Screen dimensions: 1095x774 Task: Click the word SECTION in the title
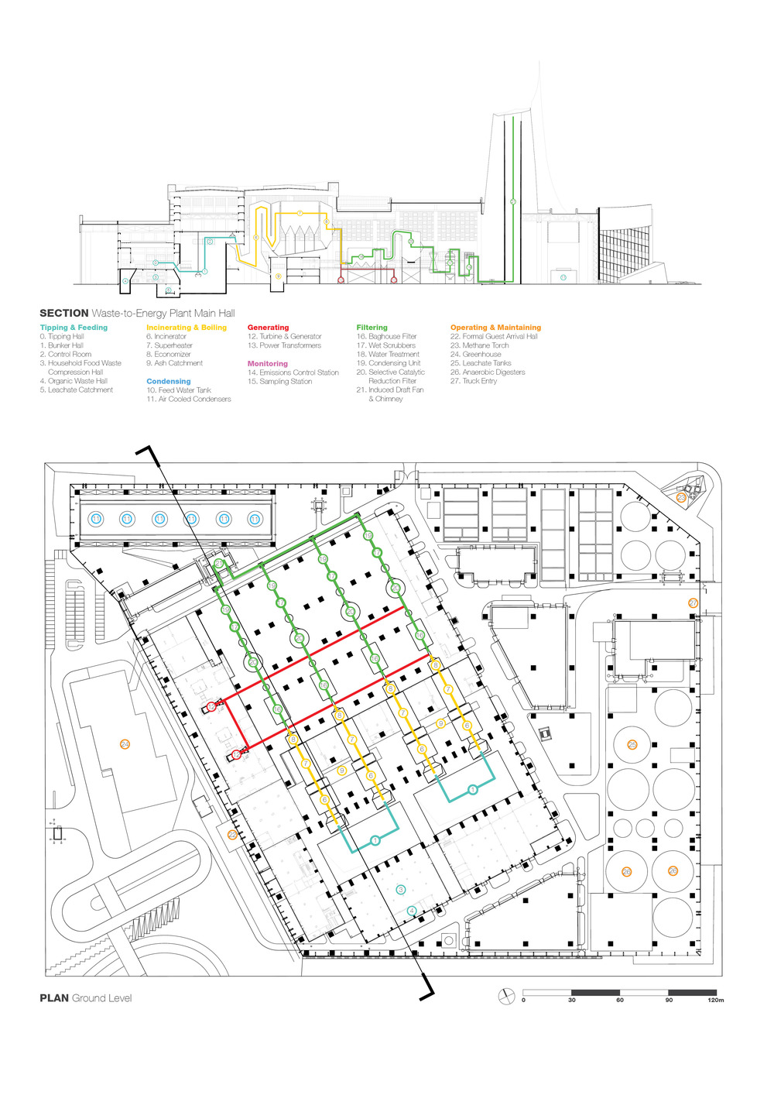coord(64,313)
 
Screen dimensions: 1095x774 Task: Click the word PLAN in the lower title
coord(54,998)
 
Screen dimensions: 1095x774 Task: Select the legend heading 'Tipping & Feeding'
coord(74,328)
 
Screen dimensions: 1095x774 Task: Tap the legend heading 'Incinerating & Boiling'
coord(187,328)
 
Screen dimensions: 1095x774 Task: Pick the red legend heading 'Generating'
coord(268,328)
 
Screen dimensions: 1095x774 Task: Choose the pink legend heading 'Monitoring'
coord(268,363)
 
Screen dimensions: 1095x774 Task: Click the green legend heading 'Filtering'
coord(372,328)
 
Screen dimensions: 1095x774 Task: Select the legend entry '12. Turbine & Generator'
coord(284,337)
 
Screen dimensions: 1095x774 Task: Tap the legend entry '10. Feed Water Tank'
coord(178,390)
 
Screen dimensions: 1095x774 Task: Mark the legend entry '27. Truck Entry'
coord(474,381)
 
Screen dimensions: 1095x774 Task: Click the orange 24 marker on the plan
coord(125,744)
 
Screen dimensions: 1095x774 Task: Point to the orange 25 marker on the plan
coord(632,745)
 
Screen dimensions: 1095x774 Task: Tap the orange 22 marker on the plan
coord(232,835)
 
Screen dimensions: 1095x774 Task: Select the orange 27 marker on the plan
coord(693,603)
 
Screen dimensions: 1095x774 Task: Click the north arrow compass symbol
coord(506,996)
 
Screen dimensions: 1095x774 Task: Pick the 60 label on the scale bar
coord(620,1000)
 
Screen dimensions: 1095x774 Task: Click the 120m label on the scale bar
coord(715,1000)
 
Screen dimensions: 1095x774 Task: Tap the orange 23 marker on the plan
coord(681,498)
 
